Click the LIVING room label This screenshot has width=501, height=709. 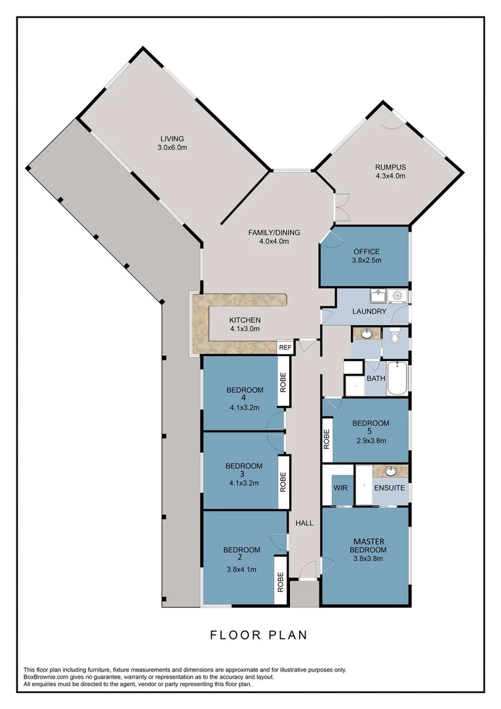pos(172,139)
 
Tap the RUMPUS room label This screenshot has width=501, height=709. pos(390,167)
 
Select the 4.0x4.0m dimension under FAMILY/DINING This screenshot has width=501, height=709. pos(274,241)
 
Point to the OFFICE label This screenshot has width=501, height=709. pos(367,251)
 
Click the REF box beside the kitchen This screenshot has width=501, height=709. pos(285,347)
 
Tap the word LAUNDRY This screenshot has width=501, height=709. pos(369,311)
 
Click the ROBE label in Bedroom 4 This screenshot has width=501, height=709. pos(283,383)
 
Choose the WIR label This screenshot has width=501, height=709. pos(340,488)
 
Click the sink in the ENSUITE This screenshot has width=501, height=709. pos(391,471)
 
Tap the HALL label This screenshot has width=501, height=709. pos(304,523)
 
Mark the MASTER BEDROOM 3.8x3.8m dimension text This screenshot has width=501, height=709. pos(367,559)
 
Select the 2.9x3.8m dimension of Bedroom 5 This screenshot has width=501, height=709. pos(371,440)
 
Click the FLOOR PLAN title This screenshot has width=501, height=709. pos(258,635)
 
